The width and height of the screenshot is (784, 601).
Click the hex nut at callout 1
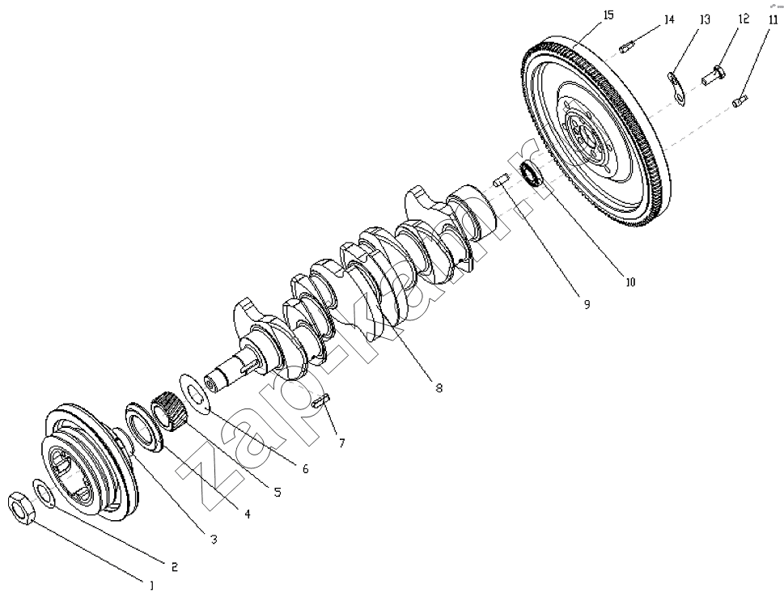(x=22, y=508)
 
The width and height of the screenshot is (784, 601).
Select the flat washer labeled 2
(x=44, y=493)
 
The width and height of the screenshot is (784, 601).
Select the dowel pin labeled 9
(x=501, y=180)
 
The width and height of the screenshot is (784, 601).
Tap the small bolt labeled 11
(x=739, y=101)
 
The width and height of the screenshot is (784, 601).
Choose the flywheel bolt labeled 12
(x=714, y=76)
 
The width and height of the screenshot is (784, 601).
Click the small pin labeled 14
(x=627, y=47)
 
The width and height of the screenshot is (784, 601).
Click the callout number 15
(x=608, y=15)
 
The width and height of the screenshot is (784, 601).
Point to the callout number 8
(x=439, y=387)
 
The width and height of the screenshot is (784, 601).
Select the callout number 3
(x=214, y=539)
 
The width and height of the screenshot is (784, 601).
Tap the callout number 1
(x=151, y=584)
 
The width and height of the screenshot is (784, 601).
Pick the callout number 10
(x=630, y=282)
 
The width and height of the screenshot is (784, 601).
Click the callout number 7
(x=341, y=442)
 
